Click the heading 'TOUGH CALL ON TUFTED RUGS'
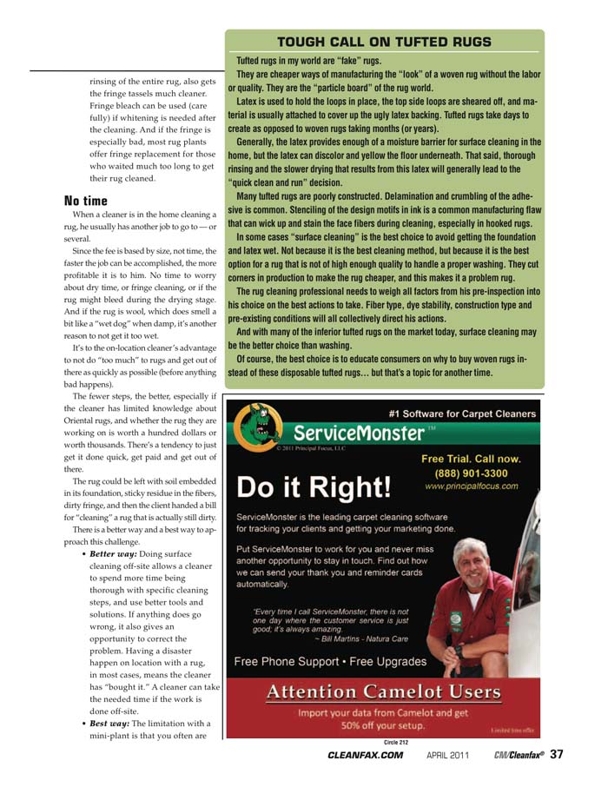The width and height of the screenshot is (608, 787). tap(384, 42)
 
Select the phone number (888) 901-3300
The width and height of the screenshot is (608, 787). tap(471, 473)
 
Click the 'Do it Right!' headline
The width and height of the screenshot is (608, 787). tap(315, 486)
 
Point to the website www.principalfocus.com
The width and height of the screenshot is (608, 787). tap(471, 486)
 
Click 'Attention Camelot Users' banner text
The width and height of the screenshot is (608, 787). tap(384, 692)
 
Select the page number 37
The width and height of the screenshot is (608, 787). tap(557, 754)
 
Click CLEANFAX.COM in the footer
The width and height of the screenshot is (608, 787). tap(365, 755)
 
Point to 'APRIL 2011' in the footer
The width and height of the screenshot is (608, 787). tap(448, 755)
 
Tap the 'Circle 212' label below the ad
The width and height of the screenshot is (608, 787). tap(395, 742)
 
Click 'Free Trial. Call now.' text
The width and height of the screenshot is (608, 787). tap(471, 459)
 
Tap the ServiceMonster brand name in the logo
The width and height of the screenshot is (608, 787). tap(358, 432)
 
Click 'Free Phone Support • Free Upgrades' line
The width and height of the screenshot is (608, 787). tap(331, 661)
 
